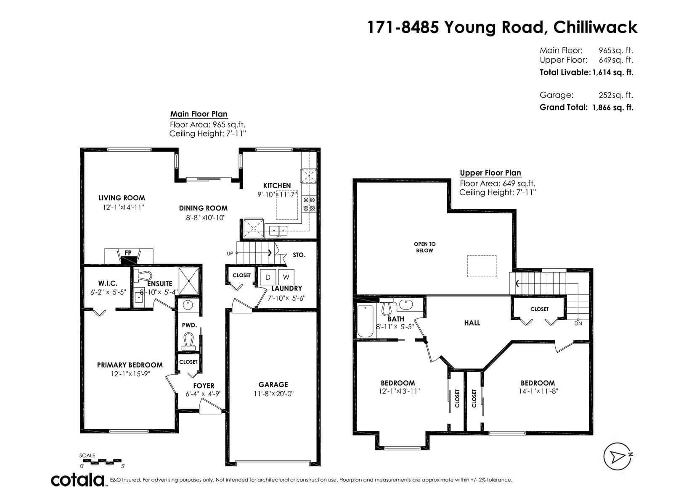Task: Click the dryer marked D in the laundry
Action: [x=268, y=277]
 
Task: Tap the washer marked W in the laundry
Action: [x=286, y=277]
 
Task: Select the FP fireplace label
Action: [x=128, y=253]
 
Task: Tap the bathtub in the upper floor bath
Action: [x=366, y=321]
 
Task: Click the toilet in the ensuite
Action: [x=143, y=276]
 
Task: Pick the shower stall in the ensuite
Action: [x=189, y=281]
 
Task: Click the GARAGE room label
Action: [x=273, y=384]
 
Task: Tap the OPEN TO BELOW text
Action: [x=425, y=247]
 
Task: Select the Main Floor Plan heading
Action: [x=199, y=114]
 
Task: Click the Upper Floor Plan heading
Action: [x=490, y=173]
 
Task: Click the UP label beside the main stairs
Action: [x=230, y=253]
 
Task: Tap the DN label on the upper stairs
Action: [x=578, y=323]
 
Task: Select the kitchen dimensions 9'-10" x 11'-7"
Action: [x=278, y=194]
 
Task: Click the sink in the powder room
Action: [x=188, y=305]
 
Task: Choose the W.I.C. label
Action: [x=108, y=283]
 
